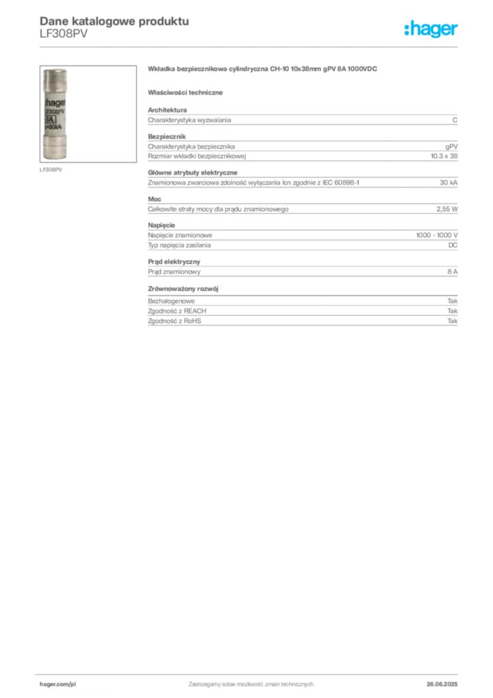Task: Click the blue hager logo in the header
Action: [432, 29]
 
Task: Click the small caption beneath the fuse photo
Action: [52, 169]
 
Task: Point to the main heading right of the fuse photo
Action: [264, 70]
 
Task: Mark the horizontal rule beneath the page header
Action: [250, 46]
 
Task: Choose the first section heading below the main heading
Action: [187, 92]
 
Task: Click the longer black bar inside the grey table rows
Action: [337, 156]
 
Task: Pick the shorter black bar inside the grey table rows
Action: [397, 183]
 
